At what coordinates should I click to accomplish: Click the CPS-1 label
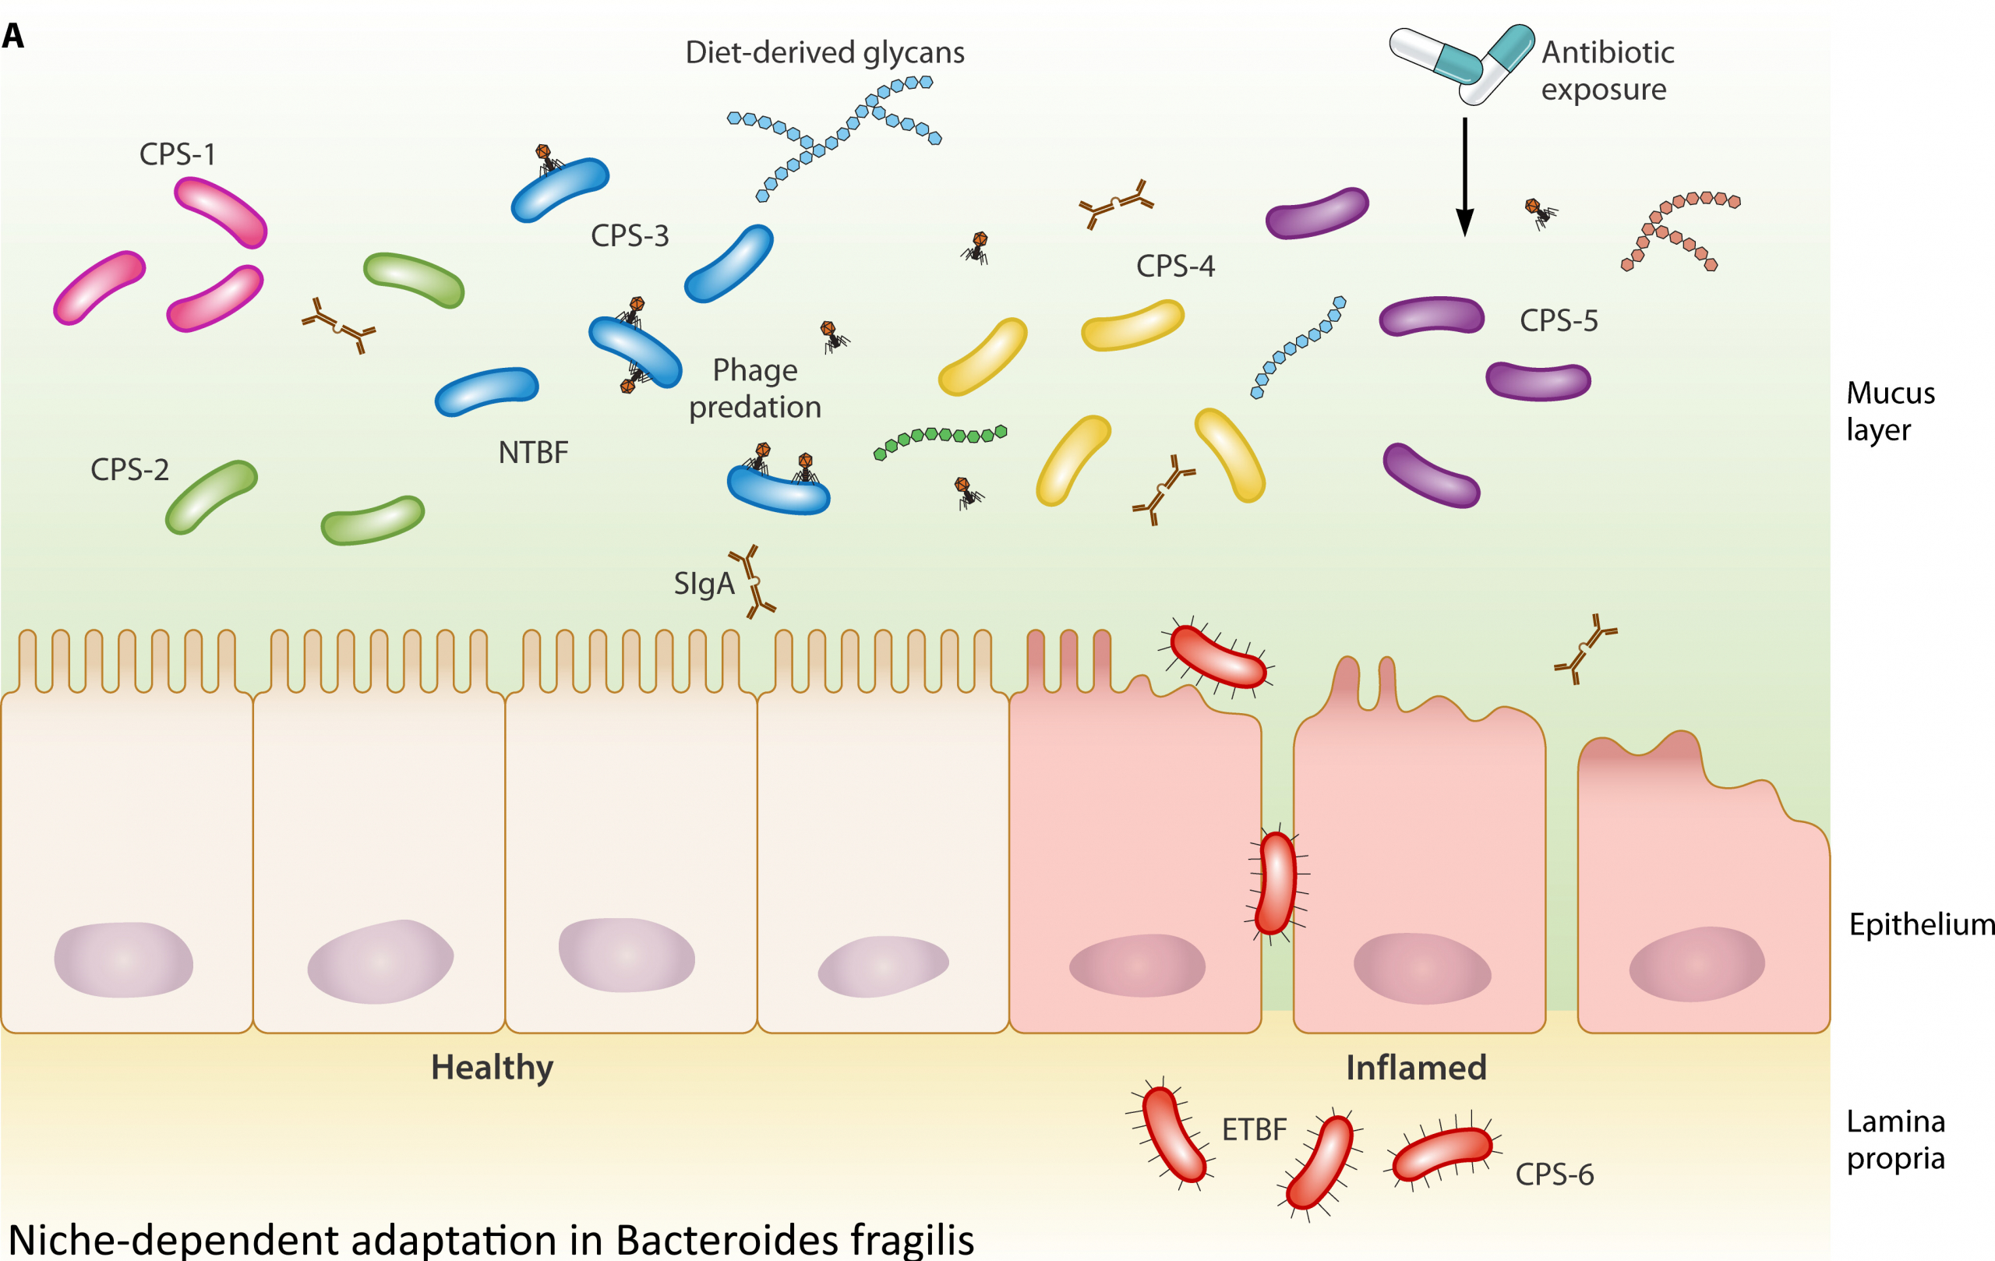click(x=178, y=154)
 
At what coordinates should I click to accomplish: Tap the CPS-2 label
click(x=129, y=470)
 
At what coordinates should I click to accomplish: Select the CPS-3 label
click(x=630, y=236)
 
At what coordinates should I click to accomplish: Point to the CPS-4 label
click(x=1175, y=266)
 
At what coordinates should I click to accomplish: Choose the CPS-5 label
click(x=1559, y=320)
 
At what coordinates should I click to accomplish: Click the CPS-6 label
click(x=1554, y=1174)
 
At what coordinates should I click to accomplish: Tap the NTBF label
click(x=534, y=452)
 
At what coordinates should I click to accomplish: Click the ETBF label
click(x=1255, y=1129)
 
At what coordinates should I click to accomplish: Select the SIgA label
click(x=704, y=583)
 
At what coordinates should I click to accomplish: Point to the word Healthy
click(x=492, y=1067)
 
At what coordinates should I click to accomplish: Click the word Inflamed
click(x=1416, y=1067)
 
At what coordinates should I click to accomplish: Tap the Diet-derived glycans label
click(x=824, y=52)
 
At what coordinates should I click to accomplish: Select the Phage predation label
click(x=755, y=388)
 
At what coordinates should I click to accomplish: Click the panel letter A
click(x=13, y=37)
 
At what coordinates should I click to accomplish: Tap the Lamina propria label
click(x=1895, y=1139)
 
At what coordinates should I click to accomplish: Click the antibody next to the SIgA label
click(x=752, y=581)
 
